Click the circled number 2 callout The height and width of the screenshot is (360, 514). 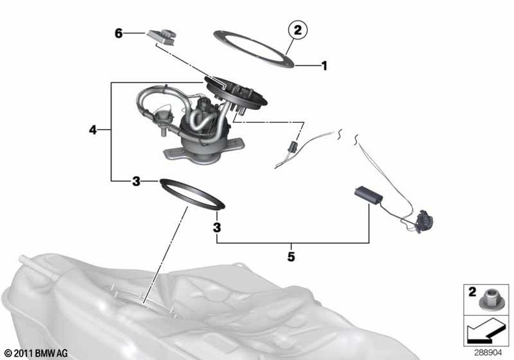pos(297,30)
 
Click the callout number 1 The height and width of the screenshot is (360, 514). pos(324,66)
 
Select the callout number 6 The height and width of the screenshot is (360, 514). pos(119,33)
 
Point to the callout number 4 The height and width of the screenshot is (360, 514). pos(93,130)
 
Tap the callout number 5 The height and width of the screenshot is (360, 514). pos(291,257)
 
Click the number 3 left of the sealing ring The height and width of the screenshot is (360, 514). pos(136,181)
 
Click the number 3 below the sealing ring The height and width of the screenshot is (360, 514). pos(217,227)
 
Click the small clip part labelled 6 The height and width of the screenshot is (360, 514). pos(162,37)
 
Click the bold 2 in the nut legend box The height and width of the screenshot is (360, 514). pos(472,292)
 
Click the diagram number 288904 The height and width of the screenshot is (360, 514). pos(488,353)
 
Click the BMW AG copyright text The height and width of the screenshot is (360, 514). pos(36,353)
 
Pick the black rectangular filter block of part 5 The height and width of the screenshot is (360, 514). pos(369,195)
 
